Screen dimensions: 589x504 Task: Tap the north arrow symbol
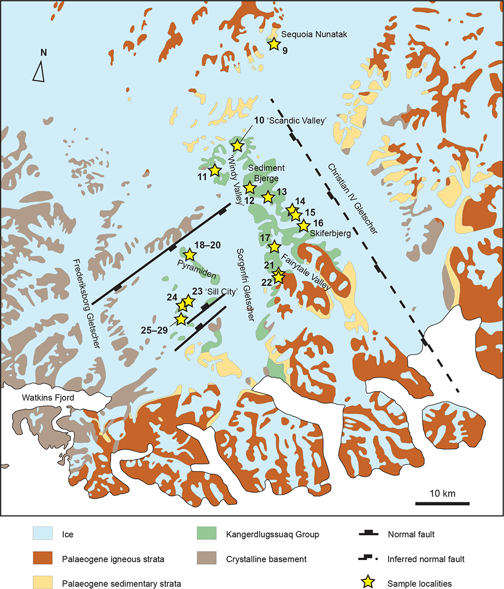click(x=39, y=71)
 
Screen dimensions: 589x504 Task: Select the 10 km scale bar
click(x=442, y=503)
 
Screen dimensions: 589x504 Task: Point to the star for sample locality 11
click(x=215, y=170)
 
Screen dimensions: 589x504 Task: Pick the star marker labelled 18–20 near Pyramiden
click(x=189, y=254)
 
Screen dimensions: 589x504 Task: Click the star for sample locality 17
click(x=274, y=246)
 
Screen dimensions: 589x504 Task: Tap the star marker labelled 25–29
click(x=181, y=319)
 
